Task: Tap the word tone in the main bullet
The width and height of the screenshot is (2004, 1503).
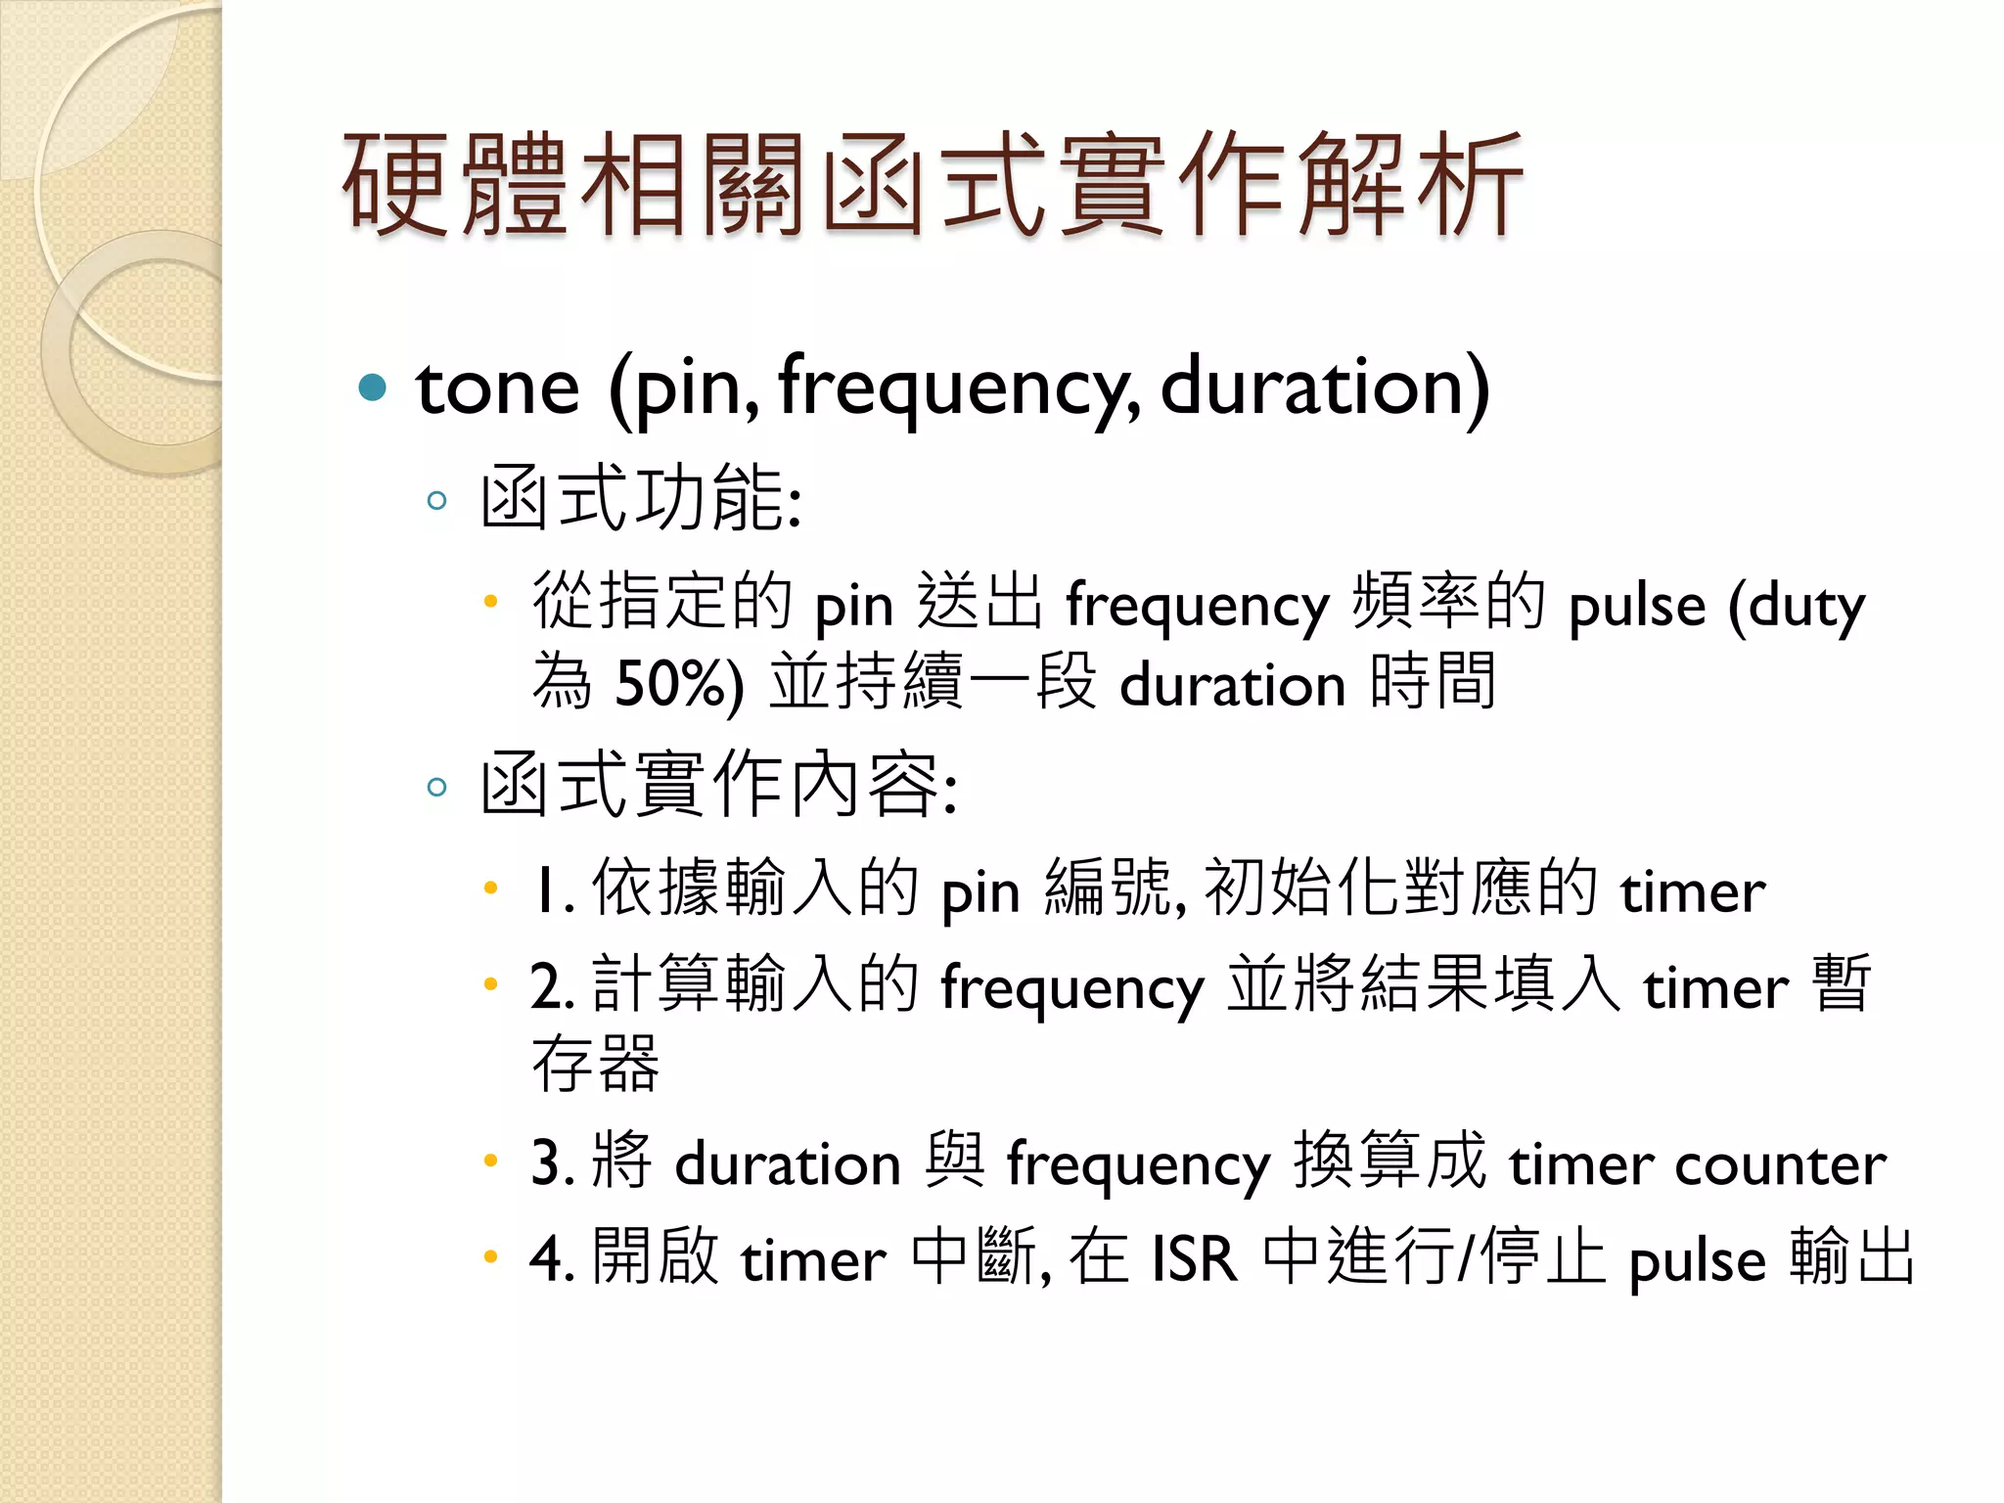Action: (497, 387)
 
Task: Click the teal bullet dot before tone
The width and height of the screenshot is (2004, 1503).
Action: (373, 388)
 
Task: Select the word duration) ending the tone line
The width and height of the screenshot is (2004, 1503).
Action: (1325, 387)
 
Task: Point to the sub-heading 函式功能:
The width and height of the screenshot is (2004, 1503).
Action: (641, 499)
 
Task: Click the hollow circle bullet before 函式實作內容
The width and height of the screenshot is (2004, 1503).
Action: (436, 787)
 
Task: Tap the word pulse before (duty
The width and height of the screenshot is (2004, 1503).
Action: (1637, 605)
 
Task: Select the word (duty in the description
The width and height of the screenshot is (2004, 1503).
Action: (1797, 605)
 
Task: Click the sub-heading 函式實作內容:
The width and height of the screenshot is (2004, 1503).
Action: (719, 785)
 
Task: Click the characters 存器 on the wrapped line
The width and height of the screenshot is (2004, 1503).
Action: (596, 1064)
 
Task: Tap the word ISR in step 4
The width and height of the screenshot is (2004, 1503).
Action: (1194, 1259)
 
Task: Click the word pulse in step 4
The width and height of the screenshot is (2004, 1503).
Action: (1698, 1261)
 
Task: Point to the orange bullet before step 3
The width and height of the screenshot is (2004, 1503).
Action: (491, 1161)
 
